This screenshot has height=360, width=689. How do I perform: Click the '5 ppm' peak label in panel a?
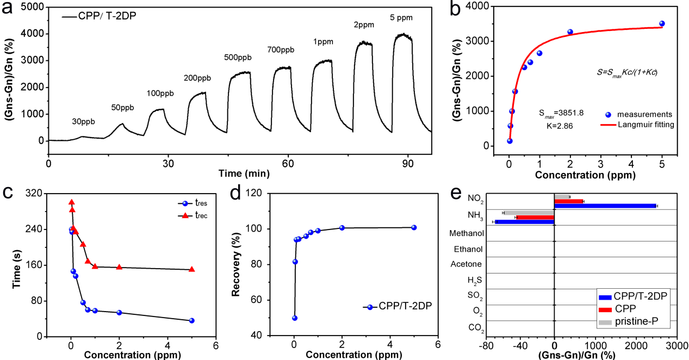[402, 17]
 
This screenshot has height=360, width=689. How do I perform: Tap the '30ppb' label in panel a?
[84, 122]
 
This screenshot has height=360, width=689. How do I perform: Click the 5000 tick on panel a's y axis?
[31, 7]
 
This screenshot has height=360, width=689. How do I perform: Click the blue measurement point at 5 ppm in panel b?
[662, 23]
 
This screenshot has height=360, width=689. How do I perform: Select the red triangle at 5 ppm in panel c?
[191, 269]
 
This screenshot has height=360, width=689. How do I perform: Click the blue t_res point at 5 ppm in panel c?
[191, 321]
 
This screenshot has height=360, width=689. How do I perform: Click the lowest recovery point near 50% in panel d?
[295, 318]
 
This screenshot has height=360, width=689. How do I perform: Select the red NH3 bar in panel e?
[535, 217]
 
